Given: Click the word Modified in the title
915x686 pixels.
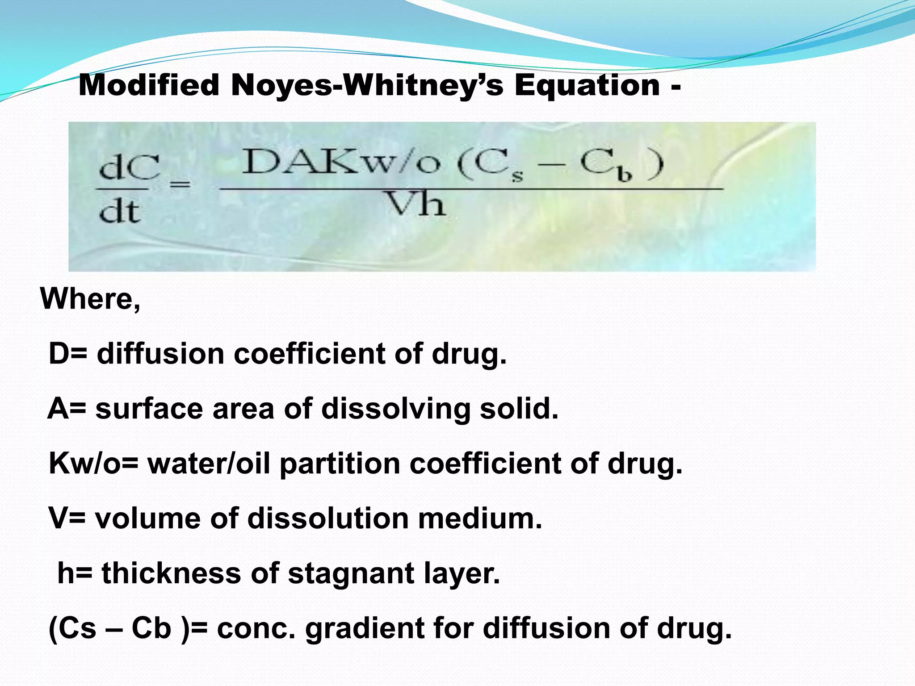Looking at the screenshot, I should click(149, 85).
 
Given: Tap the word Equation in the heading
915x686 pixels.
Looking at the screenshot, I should click(587, 85).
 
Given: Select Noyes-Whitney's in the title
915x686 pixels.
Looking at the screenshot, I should click(367, 85).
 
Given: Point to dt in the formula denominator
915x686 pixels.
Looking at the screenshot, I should click(119, 211).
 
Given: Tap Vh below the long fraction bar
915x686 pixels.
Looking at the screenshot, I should click(416, 205).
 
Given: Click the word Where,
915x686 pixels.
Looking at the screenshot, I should click(91, 298).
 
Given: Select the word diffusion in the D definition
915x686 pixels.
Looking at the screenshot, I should click(160, 354).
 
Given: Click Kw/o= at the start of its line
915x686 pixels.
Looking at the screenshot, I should click(94, 463).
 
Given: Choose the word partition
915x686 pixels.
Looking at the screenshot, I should click(340, 463).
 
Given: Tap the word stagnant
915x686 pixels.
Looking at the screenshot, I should click(351, 573).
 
